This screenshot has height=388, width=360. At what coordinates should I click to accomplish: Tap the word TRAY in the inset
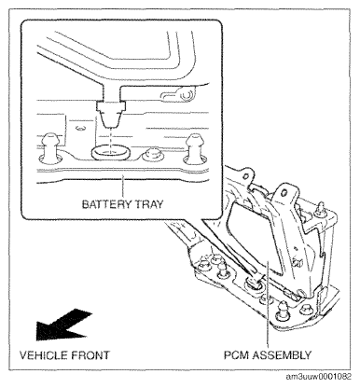(x=149, y=204)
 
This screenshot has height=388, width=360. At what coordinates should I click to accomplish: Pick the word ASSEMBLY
(x=282, y=355)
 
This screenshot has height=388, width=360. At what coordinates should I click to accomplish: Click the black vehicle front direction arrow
(x=63, y=325)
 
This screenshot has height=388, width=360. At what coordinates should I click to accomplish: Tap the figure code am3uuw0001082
(x=319, y=377)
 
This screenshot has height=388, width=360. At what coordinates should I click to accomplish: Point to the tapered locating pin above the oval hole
(x=111, y=114)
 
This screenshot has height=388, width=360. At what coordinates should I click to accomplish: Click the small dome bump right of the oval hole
(x=152, y=155)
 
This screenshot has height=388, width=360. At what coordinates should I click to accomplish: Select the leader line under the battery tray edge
(x=123, y=187)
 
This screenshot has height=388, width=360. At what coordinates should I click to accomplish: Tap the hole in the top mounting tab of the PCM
(x=283, y=193)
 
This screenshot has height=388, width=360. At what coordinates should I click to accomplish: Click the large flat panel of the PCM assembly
(x=254, y=235)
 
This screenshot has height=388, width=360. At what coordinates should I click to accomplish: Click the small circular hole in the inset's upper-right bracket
(x=186, y=95)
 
